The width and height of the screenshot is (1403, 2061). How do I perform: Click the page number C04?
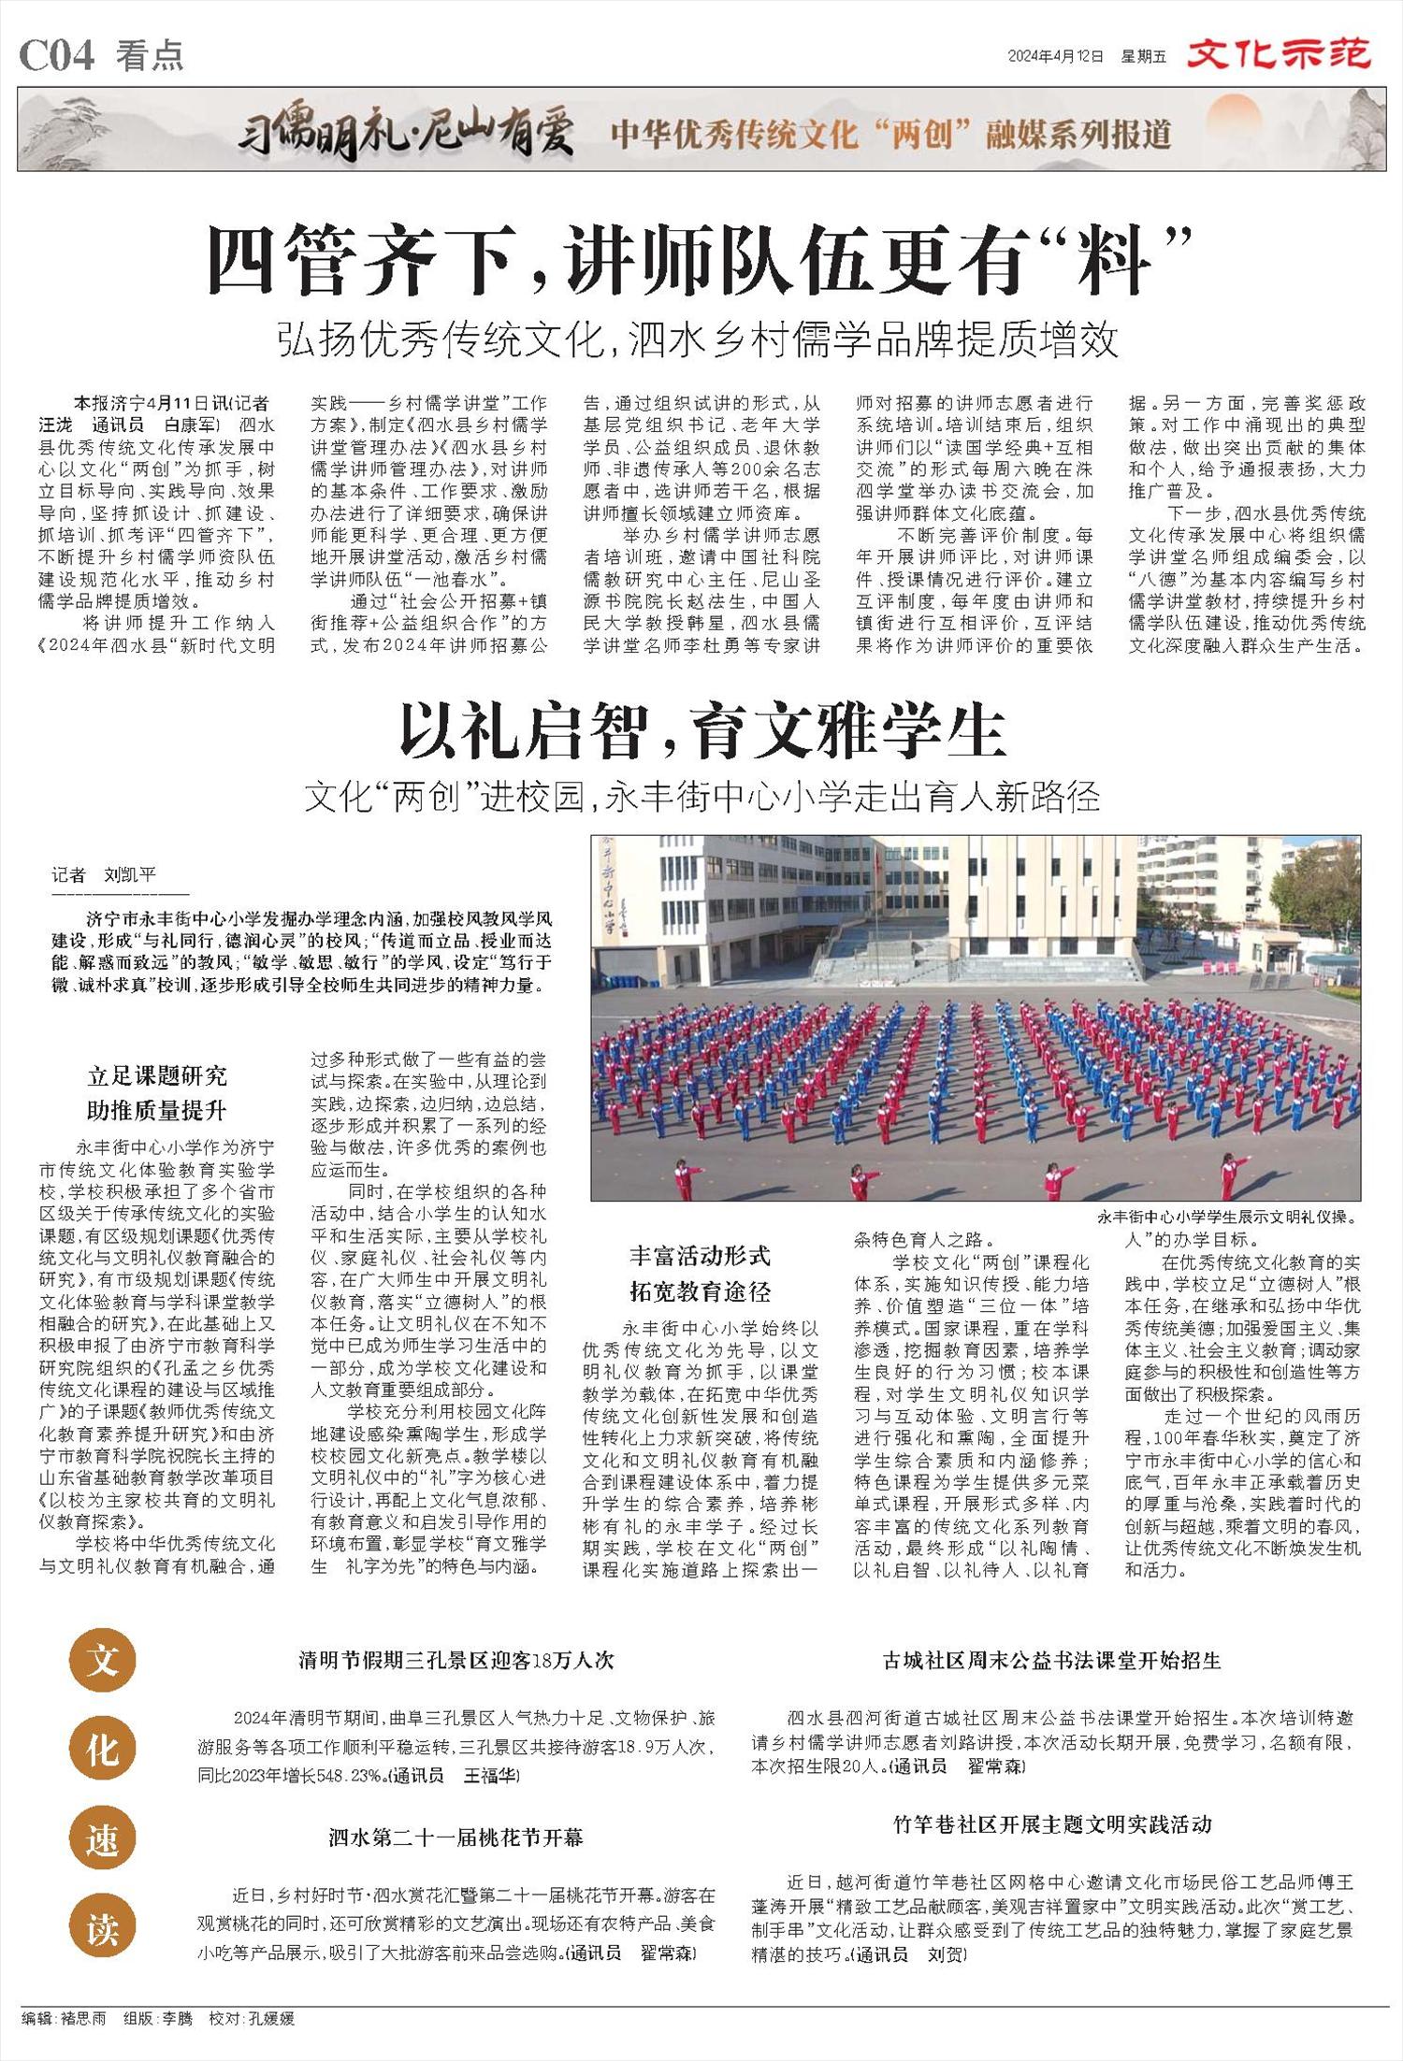(x=56, y=56)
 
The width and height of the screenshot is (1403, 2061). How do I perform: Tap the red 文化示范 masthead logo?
(x=1279, y=54)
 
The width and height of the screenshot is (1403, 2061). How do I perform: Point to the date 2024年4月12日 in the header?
(x=1055, y=56)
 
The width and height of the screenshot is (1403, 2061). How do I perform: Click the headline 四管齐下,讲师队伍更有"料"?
(x=701, y=261)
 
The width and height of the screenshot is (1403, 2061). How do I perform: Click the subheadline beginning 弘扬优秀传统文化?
(x=697, y=341)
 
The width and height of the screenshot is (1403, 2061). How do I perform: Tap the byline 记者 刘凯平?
(x=104, y=875)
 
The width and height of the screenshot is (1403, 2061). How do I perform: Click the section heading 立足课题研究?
(x=157, y=1075)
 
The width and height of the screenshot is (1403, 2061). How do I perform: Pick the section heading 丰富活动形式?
(x=700, y=1255)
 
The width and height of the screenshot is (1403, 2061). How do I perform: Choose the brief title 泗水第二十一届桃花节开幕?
(x=456, y=1837)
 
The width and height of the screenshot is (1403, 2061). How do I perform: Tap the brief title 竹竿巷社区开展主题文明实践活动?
(x=1052, y=1823)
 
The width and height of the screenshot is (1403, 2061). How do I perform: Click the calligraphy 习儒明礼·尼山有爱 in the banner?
(x=404, y=134)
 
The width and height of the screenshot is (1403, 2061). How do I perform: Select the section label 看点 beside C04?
(x=150, y=56)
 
